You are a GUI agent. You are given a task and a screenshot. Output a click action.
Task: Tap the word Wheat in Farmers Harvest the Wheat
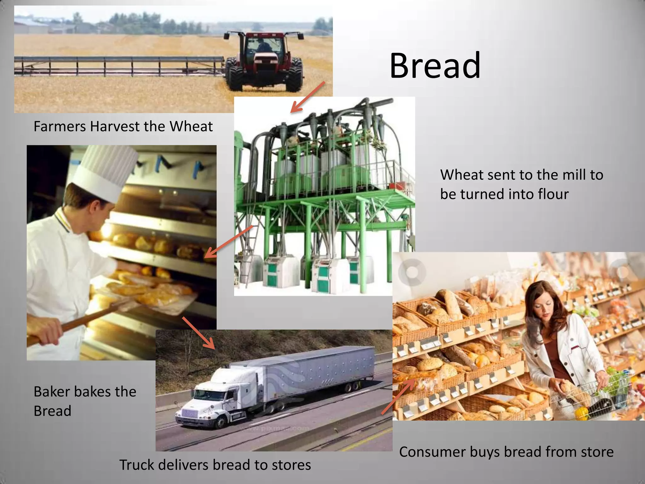coord(191,126)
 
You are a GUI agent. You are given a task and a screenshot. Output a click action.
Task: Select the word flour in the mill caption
coord(553,194)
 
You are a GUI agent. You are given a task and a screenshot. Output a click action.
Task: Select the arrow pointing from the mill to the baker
coord(228,241)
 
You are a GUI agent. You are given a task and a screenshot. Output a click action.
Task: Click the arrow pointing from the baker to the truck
coord(199,333)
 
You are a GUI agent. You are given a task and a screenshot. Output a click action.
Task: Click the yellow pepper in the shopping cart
coord(581,412)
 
